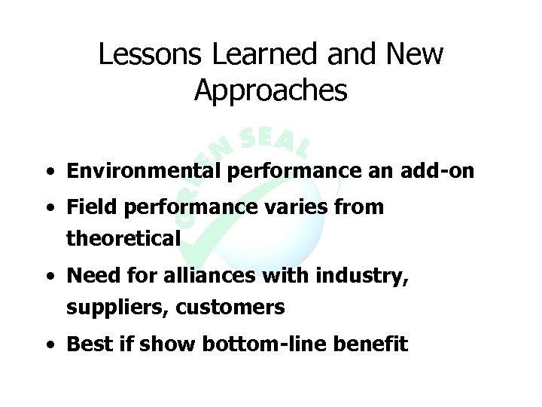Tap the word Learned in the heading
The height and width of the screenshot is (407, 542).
tap(242, 55)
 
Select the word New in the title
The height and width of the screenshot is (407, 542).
tap(413, 55)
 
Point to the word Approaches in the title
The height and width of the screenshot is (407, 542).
tap(270, 90)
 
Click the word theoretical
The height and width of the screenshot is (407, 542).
tap(123, 239)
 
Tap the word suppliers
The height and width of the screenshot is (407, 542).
tap(108, 308)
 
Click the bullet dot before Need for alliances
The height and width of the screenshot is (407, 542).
tap(47, 277)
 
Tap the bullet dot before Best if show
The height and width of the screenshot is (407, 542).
tap(47, 346)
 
